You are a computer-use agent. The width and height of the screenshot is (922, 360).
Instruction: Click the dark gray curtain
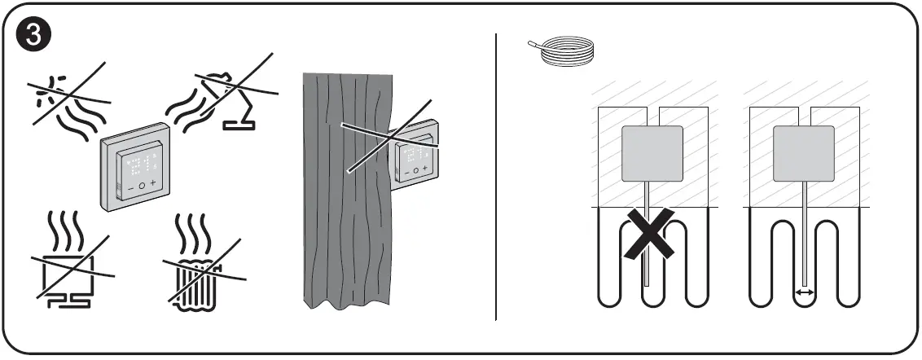[346, 195]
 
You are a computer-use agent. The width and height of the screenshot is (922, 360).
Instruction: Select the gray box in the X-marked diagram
[652, 153]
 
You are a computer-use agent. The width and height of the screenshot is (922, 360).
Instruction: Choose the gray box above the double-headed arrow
[803, 153]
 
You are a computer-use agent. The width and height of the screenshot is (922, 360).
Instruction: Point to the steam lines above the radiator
[195, 233]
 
